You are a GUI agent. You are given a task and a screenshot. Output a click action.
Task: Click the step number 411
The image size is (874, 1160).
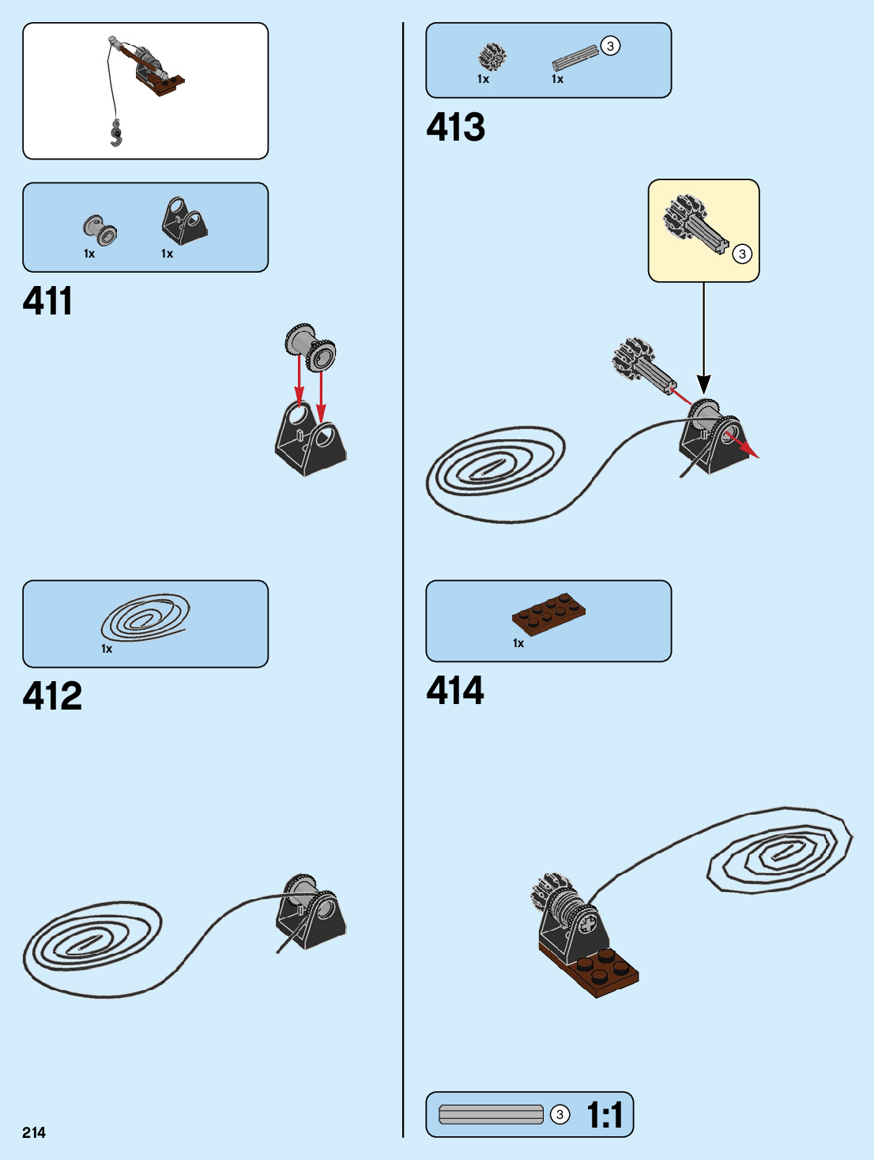coord(47,301)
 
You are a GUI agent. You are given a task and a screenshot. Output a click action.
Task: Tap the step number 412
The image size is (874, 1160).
coord(52,696)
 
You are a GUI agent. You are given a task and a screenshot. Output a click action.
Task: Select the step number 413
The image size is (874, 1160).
coord(455,127)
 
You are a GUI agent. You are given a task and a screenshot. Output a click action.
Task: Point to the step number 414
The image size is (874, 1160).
coord(455,690)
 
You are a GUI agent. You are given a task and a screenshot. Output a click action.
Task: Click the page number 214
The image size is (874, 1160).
coord(34,1132)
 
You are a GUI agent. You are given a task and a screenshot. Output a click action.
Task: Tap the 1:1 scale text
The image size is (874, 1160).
coord(605,1115)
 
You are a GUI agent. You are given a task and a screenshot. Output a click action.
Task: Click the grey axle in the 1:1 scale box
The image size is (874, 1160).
coord(491,1114)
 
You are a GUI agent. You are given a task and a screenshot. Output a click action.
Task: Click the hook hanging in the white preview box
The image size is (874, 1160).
coord(117,134)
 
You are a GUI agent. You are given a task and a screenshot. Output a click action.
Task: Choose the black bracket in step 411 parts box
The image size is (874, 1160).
coord(184,221)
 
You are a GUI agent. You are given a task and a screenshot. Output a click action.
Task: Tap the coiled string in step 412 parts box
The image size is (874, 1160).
coord(145,618)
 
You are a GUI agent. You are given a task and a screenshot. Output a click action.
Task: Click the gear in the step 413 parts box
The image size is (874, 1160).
coord(492,57)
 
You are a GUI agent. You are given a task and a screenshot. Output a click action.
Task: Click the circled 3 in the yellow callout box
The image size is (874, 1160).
coord(742,254)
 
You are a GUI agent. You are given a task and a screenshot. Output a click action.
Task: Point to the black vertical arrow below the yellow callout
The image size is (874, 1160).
coord(703,340)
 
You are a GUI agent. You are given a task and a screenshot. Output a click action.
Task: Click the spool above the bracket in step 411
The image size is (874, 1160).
coord(311,348)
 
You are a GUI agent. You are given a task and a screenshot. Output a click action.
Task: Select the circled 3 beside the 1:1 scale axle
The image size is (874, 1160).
coord(559,1114)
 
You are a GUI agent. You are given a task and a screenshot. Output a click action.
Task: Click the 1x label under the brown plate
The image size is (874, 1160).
coord(518,643)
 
